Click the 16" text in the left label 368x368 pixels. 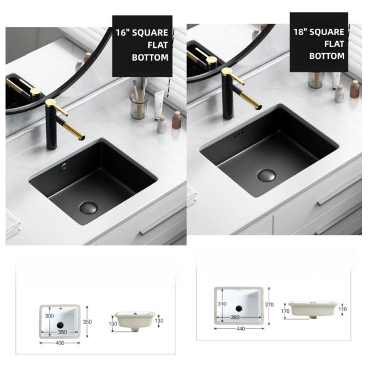pyautogui.click(x=123, y=31)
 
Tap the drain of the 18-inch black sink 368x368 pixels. pyautogui.click(x=266, y=174)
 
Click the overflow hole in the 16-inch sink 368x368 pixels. pyautogui.click(x=63, y=164)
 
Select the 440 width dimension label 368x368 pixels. pyautogui.click(x=240, y=329)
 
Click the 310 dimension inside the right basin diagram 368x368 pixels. pyautogui.click(x=222, y=303)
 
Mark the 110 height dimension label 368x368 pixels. pyautogui.click(x=342, y=309)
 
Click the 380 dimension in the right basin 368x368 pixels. pyautogui.click(x=236, y=318)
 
